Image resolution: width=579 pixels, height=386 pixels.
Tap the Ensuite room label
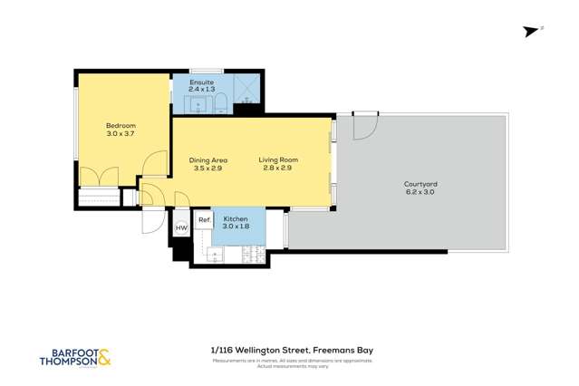click(202, 82)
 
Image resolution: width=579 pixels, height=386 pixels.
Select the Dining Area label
click(207, 160)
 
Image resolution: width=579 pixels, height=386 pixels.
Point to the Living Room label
click(278, 160)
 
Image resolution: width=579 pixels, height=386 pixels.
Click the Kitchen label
click(236, 219)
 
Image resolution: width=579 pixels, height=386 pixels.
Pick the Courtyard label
click(420, 184)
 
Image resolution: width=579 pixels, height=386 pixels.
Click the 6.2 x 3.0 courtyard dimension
click(420, 192)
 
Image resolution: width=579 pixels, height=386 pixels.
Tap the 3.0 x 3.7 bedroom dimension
click(120, 134)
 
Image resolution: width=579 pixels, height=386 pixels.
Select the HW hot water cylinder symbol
click(180, 228)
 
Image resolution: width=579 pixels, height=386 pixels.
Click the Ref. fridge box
click(205, 220)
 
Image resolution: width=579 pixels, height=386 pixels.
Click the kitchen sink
click(216, 255)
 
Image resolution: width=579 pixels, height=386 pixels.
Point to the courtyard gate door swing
click(364, 126)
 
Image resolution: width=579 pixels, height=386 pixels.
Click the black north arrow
click(530, 32)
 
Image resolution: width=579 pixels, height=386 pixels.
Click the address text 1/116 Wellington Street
click(260, 351)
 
